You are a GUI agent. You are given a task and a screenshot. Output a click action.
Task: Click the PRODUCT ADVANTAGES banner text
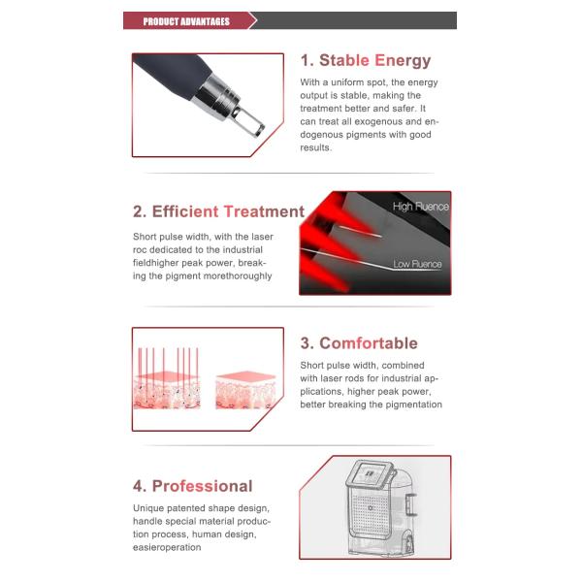tap(186, 21)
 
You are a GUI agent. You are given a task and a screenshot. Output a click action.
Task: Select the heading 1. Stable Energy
tap(365, 60)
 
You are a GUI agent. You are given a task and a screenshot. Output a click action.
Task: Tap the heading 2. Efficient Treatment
tap(218, 211)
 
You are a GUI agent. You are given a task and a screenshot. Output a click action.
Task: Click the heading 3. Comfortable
tap(358, 343)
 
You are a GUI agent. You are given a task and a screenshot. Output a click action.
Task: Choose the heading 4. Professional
tap(192, 486)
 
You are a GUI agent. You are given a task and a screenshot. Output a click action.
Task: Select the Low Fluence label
tap(418, 264)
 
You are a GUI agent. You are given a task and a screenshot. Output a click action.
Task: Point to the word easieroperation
tap(167, 547)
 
